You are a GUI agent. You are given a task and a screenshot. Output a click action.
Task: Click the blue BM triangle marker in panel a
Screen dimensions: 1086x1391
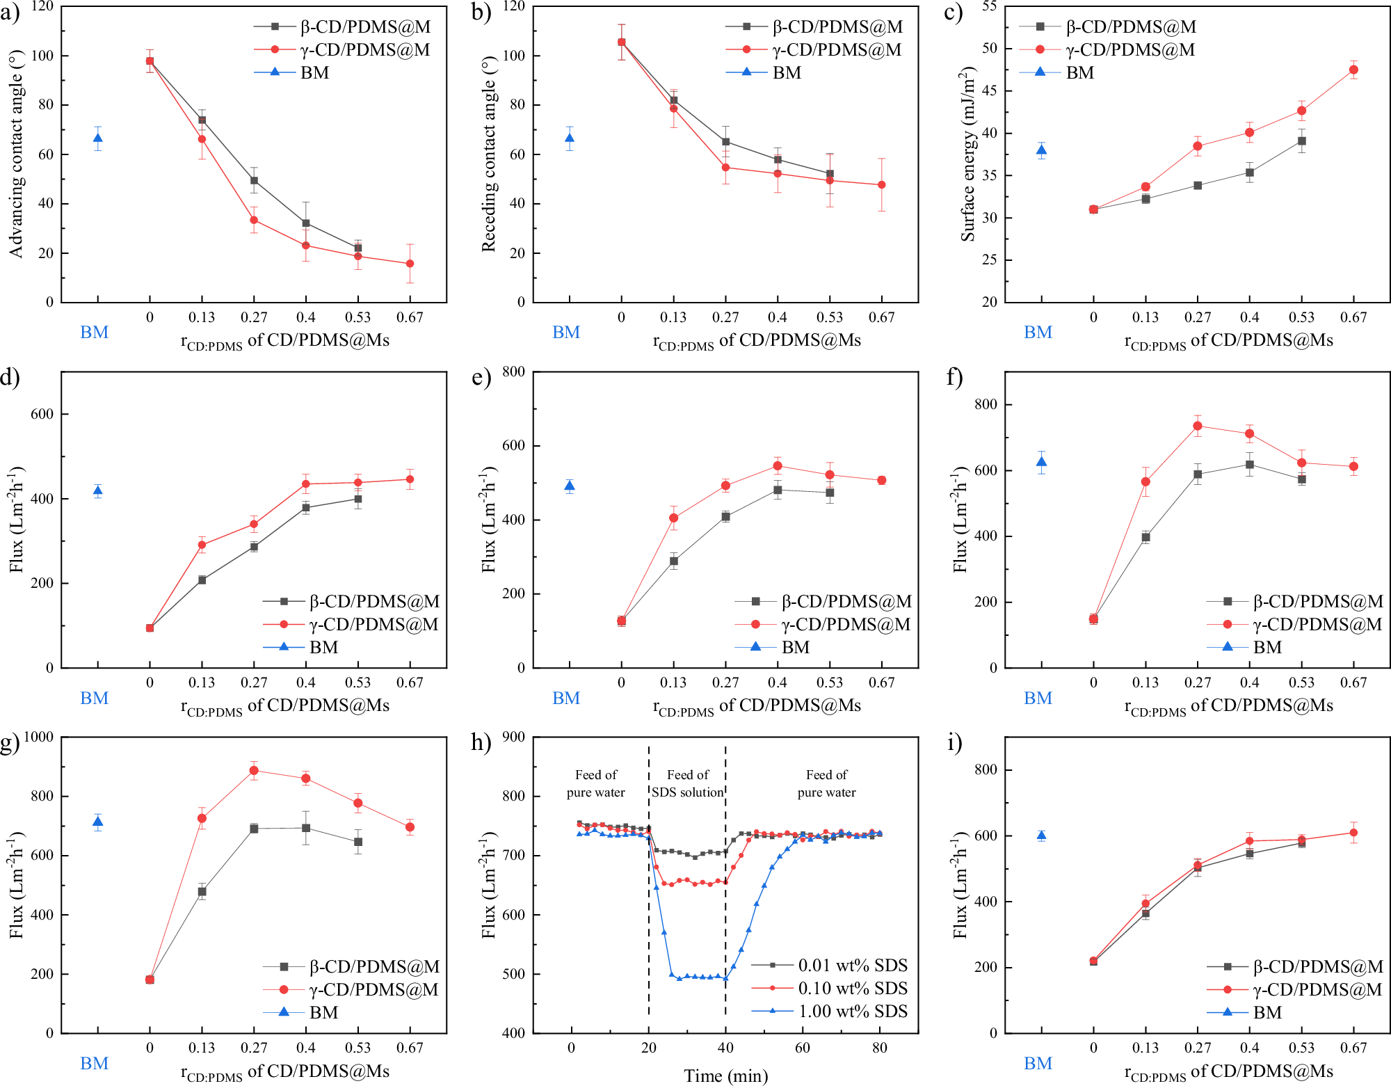(x=98, y=138)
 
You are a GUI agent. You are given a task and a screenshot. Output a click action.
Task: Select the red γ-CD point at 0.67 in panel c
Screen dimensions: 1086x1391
(x=1353, y=70)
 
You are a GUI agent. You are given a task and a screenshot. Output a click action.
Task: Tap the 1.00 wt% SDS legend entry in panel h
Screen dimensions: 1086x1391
(x=852, y=1011)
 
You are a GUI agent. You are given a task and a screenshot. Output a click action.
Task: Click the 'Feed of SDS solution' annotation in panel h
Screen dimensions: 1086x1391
(x=687, y=783)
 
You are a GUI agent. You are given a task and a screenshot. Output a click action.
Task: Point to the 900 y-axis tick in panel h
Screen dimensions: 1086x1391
(x=513, y=737)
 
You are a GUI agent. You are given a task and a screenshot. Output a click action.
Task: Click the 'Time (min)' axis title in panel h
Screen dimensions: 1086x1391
(x=725, y=1076)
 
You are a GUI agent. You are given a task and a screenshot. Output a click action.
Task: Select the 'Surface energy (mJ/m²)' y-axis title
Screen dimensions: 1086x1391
(x=967, y=154)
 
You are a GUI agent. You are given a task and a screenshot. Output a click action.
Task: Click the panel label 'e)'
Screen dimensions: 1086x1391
(x=481, y=378)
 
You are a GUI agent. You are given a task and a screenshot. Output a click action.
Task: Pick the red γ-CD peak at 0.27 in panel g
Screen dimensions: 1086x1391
(x=254, y=770)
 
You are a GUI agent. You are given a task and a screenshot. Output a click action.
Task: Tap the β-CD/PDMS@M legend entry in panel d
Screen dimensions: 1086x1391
(x=374, y=601)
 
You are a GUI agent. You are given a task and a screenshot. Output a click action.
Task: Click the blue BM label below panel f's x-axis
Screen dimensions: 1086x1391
(x=1038, y=698)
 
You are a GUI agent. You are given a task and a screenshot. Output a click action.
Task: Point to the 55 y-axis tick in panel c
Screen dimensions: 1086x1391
(x=989, y=6)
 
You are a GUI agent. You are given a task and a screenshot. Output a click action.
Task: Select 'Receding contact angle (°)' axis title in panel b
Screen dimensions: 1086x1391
(x=488, y=154)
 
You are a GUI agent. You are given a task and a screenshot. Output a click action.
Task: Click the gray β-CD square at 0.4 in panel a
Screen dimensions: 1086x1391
(x=306, y=223)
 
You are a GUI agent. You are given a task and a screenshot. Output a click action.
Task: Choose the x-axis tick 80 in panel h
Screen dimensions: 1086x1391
(x=879, y=1048)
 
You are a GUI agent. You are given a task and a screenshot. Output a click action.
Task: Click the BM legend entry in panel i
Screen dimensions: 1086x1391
(x=1267, y=1012)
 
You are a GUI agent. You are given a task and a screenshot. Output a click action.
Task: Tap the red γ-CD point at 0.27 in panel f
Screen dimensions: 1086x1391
(x=1197, y=426)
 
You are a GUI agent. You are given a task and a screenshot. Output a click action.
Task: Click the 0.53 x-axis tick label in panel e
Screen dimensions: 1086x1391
(x=829, y=682)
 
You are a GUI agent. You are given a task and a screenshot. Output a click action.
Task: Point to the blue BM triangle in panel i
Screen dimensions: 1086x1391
(x=1041, y=836)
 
